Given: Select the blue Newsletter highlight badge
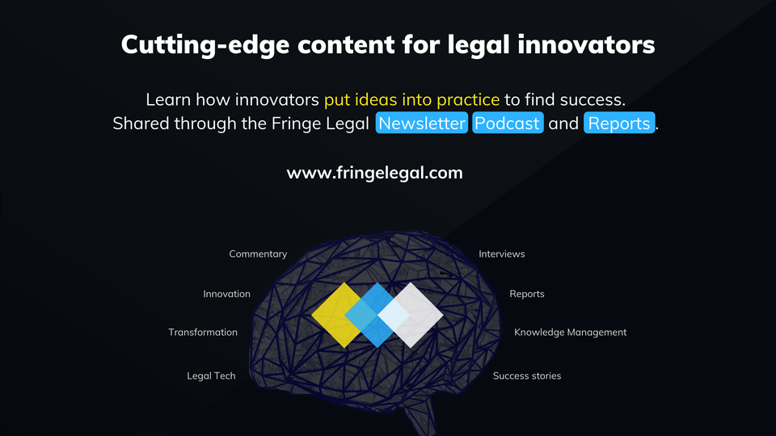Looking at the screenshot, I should (x=422, y=124).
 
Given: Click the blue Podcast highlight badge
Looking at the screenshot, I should (x=508, y=124).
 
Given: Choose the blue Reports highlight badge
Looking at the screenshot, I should (x=618, y=124).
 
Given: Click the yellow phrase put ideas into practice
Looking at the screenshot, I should (x=411, y=100).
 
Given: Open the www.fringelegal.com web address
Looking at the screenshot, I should (x=374, y=173).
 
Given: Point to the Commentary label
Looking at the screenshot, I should (x=258, y=254).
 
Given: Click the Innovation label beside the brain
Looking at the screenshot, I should (x=226, y=294).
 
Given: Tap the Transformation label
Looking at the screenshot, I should (x=203, y=332).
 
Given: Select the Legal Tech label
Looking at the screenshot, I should (x=211, y=375).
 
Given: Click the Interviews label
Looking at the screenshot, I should (x=501, y=254).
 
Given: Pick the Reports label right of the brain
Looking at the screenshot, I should (x=526, y=294).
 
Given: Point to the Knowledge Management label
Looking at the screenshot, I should (x=570, y=332).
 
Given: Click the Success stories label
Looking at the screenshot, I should (x=526, y=375).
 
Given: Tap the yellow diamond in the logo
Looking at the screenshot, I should (x=333, y=315).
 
